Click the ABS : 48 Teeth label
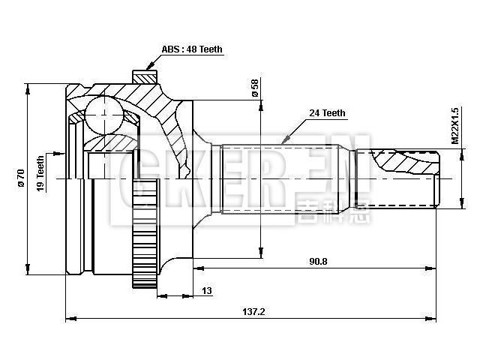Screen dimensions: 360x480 (192, 49)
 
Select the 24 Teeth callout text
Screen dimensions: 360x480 (327, 113)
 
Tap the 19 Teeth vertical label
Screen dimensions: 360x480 (40, 172)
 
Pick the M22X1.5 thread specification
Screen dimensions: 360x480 (454, 125)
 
